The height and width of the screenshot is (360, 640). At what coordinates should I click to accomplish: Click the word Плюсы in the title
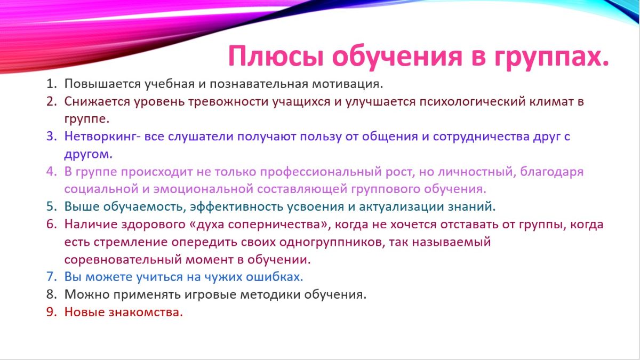point(276,57)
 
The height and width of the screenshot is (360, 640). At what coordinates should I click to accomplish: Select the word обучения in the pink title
point(397,57)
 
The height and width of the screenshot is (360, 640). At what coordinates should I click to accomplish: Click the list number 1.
point(51,84)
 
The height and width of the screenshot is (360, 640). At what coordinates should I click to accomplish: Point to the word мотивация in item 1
point(347,84)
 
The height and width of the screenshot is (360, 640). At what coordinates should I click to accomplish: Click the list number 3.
point(51,137)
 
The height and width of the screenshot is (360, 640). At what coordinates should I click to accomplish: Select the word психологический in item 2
point(473,102)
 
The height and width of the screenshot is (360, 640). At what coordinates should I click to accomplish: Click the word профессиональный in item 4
point(321,172)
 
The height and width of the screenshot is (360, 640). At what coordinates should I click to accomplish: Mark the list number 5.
point(51,206)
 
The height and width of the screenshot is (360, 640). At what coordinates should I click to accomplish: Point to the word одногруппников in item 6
point(330,242)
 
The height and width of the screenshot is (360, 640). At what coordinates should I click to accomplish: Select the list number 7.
point(51,277)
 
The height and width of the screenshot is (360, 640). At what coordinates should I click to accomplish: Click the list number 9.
point(51,312)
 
